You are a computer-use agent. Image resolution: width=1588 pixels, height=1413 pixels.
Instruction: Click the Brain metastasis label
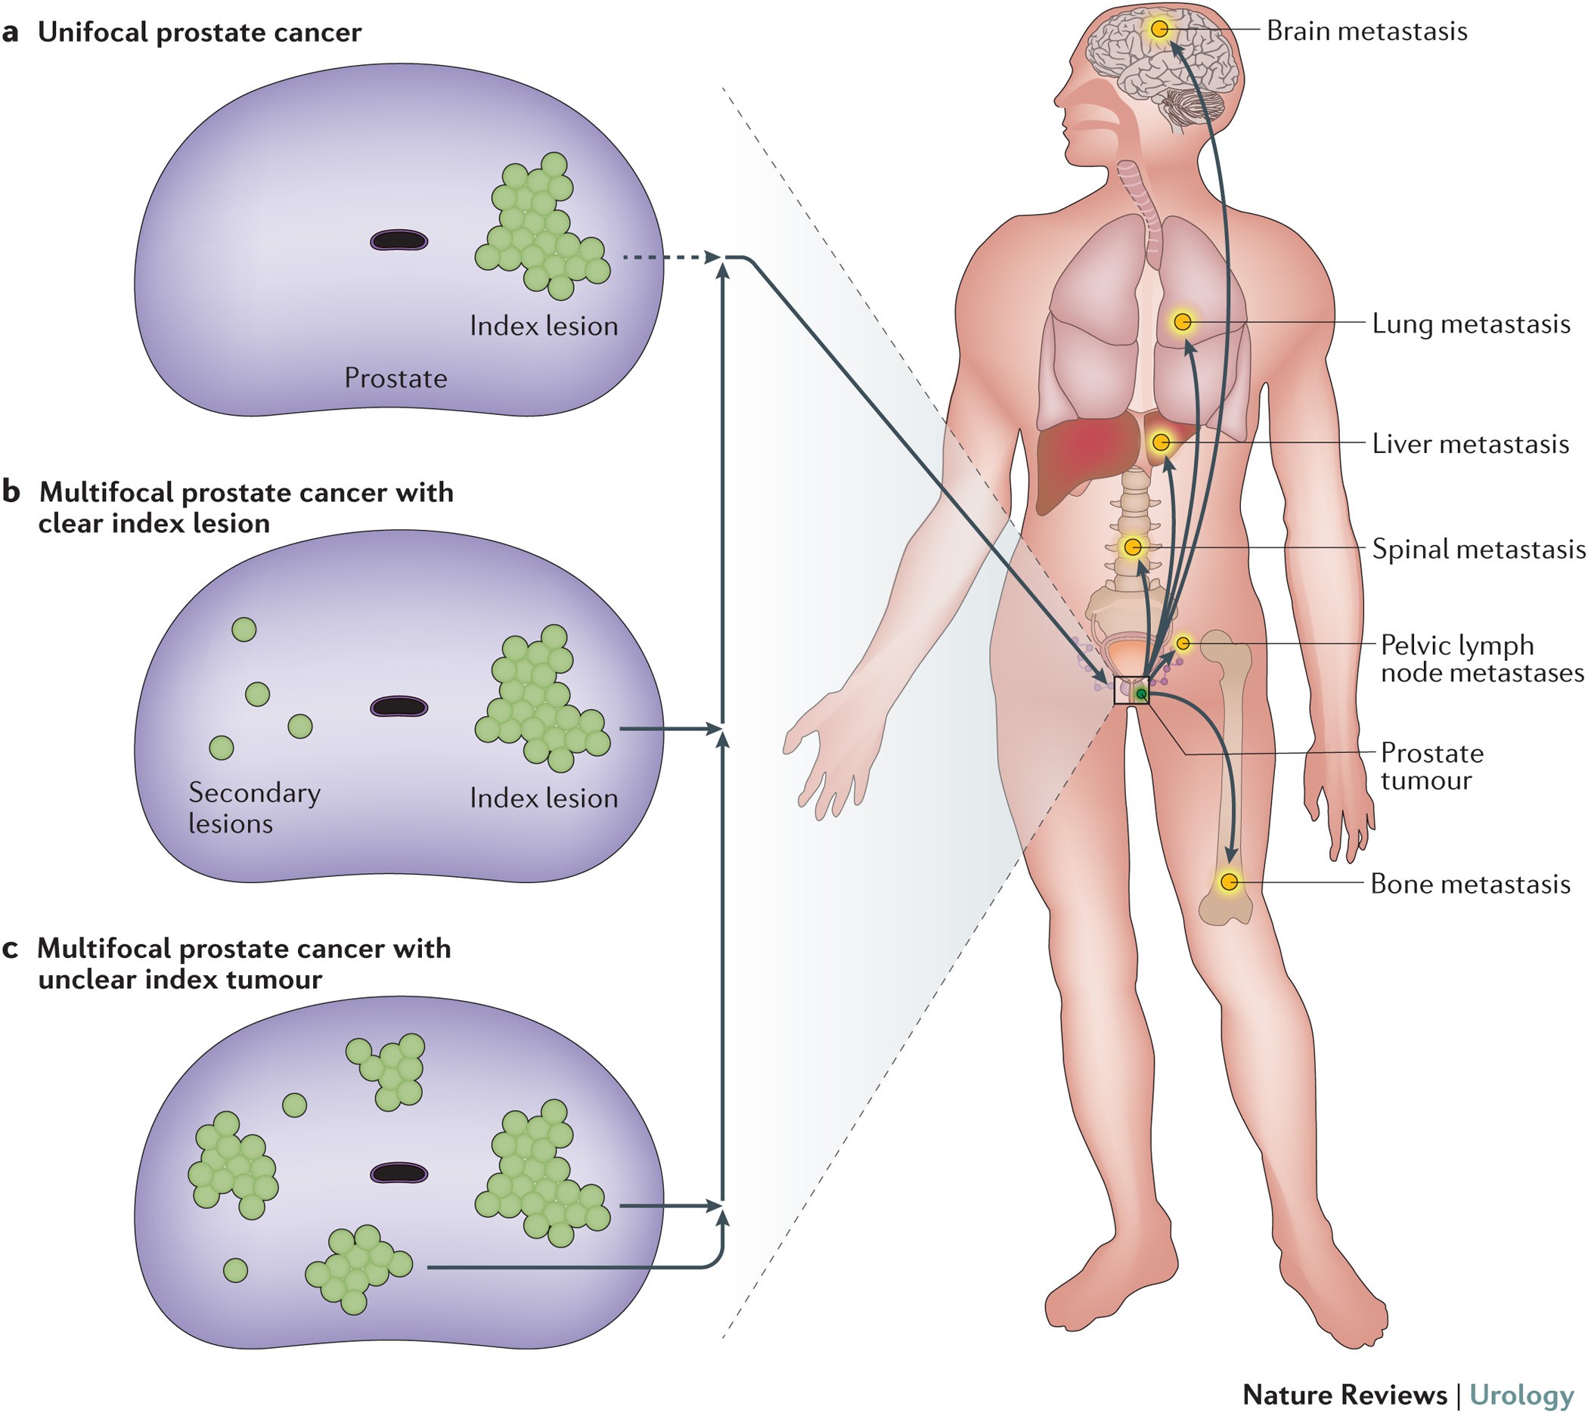[x=1366, y=31]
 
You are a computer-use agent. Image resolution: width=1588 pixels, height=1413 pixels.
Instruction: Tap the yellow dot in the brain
[x=1159, y=29]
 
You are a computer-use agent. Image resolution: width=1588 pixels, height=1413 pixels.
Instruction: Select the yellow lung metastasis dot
[x=1183, y=321]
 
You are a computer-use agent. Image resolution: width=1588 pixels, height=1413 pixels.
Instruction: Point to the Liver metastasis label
[x=1470, y=444]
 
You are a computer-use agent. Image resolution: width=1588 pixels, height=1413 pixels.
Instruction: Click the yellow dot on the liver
[x=1161, y=442]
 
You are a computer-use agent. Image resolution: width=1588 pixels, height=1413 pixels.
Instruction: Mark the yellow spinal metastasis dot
[x=1133, y=547]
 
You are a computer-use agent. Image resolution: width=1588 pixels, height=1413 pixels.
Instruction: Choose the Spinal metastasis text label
[x=1478, y=549]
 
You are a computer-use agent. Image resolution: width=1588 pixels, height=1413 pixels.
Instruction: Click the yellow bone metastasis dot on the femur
[x=1229, y=882]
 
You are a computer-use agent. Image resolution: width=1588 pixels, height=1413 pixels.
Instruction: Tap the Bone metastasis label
[x=1470, y=884]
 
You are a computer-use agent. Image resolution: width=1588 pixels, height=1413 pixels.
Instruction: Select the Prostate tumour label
[x=1431, y=767]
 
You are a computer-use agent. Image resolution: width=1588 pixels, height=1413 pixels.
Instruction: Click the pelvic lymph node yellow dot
[x=1183, y=643]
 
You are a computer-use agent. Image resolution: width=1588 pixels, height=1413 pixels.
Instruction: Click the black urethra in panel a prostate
[x=399, y=240]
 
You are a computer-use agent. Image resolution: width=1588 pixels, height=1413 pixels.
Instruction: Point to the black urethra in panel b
[x=399, y=706]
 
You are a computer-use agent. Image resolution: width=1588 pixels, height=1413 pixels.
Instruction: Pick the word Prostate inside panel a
[x=395, y=378]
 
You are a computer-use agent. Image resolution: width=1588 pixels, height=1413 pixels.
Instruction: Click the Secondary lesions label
[x=254, y=808]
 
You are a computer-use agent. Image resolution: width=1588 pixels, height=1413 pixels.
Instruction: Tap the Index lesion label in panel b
[x=543, y=798]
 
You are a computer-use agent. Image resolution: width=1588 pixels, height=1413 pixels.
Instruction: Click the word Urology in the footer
[x=1521, y=1393]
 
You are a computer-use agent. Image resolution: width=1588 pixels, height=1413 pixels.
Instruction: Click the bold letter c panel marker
[x=10, y=949]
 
